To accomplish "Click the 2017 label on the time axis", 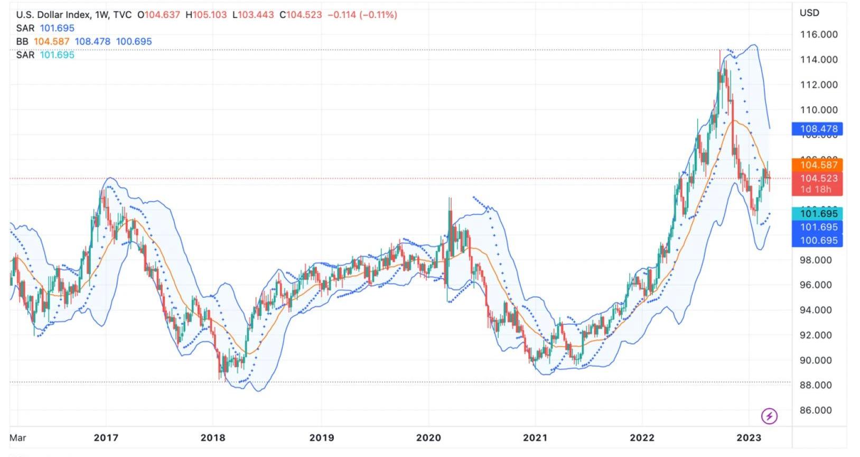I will (x=106, y=437).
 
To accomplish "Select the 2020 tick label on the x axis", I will (x=428, y=437).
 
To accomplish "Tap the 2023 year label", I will (x=749, y=437).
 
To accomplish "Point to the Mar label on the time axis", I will (x=17, y=437).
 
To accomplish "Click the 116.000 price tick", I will (x=818, y=34).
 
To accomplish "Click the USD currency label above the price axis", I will (x=809, y=13).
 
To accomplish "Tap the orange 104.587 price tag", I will (x=818, y=165).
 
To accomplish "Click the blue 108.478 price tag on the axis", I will (x=818, y=129).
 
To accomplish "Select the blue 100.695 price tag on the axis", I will (x=818, y=241).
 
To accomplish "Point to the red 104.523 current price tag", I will (x=818, y=178).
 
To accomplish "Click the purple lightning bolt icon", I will (x=769, y=416).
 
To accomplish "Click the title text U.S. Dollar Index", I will (x=53, y=15).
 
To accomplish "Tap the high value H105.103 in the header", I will (x=207, y=15).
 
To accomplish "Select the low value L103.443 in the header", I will (x=253, y=15).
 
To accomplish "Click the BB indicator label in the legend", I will (x=22, y=41).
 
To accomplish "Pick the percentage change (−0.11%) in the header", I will (x=378, y=15).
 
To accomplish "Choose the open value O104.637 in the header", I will (x=158, y=15).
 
